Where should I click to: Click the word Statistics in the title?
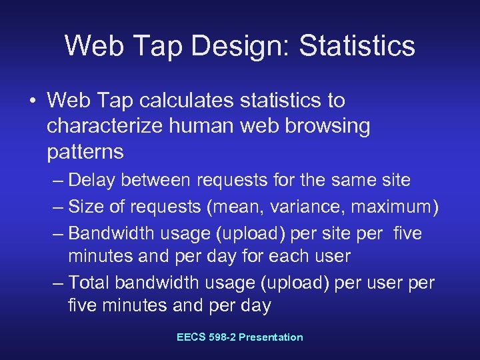click(357, 45)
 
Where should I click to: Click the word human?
click(194, 126)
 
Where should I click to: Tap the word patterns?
click(85, 151)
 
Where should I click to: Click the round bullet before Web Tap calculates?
click(32, 101)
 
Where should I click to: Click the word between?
click(151, 180)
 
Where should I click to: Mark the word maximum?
click(394, 207)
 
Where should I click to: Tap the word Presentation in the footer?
click(271, 337)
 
